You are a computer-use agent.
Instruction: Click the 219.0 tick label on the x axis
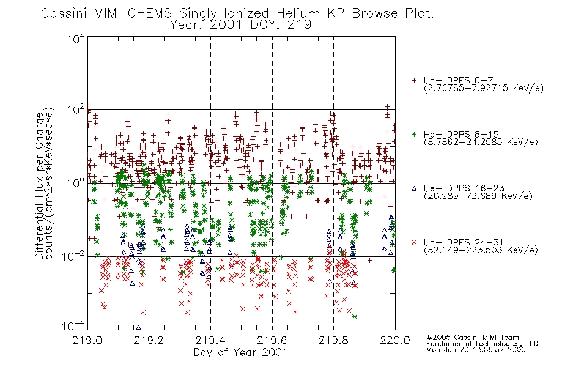[87, 340]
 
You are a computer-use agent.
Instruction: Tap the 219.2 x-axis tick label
[149, 340]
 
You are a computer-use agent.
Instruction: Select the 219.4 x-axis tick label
[210, 340]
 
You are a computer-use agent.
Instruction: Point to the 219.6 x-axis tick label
[272, 340]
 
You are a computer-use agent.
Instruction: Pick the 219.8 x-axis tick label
[333, 340]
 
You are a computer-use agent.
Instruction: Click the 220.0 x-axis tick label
[395, 340]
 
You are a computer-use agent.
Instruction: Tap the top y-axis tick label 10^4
[76, 39]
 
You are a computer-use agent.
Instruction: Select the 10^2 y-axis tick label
[76, 110]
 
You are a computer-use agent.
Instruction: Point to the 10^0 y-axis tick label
[76, 183]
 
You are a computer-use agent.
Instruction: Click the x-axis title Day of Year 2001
[241, 352]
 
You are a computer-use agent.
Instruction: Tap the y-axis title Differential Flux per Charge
[39, 186]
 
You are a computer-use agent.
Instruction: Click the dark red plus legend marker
[414, 80]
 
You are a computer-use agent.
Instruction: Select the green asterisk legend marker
[414, 134]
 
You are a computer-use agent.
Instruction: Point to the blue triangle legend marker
[414, 188]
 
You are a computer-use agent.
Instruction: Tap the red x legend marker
[414, 242]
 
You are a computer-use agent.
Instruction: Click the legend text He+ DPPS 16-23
[464, 188]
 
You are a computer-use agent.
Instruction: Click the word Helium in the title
[298, 13]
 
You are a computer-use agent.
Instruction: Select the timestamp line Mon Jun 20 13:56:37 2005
[476, 350]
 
